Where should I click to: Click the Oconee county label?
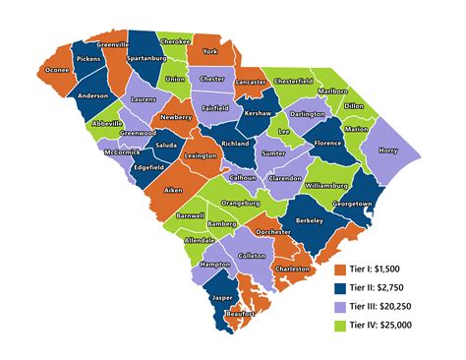pyautogui.click(x=58, y=69)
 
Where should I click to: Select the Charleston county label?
pyautogui.click(x=292, y=269)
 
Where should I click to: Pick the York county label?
pyautogui.click(x=209, y=51)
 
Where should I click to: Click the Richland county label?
pyautogui.click(x=236, y=144)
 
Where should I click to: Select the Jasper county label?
pyautogui.click(x=222, y=296)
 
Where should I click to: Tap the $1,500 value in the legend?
pyautogui.click(x=391, y=269)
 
